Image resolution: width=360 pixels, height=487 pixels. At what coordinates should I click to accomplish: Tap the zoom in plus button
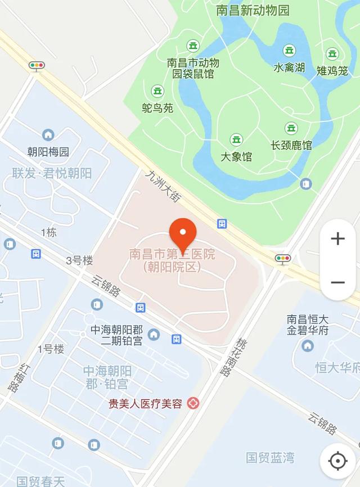pos(337,239)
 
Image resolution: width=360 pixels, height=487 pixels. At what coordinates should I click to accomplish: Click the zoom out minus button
pos(337,282)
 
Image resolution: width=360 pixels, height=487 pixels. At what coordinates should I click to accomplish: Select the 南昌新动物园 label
pos(253,10)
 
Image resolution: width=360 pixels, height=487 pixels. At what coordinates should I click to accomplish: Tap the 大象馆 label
pos(236,156)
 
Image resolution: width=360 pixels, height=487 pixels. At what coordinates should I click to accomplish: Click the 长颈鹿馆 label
pos(291,145)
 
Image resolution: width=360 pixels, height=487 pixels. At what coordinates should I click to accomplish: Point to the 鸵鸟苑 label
pos(157,108)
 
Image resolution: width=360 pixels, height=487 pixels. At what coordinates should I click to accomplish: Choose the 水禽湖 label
pos(289,67)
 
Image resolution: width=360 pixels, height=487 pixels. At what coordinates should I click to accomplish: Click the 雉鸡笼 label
pos(332,70)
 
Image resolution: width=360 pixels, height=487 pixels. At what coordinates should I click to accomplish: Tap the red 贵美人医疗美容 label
pos(146,403)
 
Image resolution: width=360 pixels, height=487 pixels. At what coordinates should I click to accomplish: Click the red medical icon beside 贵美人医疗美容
pos(193,403)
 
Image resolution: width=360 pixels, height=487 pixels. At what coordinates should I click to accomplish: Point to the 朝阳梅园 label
pos(48,151)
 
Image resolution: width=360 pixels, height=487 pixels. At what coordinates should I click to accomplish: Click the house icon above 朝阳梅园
pos(48,135)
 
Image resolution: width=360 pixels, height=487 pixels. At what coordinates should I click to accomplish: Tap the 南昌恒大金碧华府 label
pos(308,325)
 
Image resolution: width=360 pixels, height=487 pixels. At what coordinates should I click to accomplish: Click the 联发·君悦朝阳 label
pos(52,173)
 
